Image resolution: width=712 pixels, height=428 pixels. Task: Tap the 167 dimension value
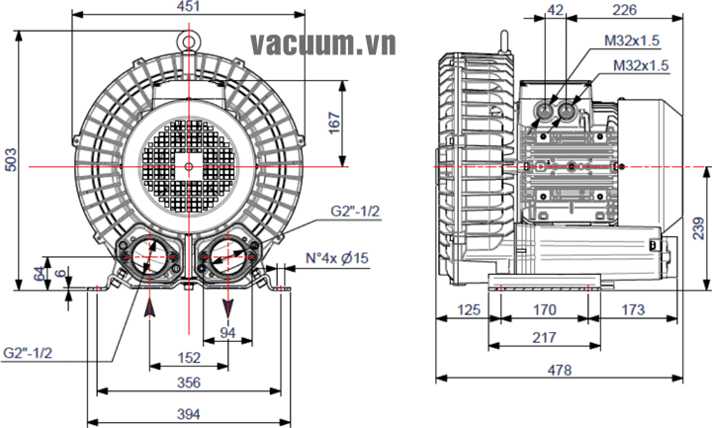(x=335, y=121)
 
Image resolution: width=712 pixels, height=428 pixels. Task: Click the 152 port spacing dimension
(x=189, y=358)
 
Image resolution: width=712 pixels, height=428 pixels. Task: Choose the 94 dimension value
(x=227, y=333)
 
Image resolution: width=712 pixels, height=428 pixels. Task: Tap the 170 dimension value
(x=544, y=310)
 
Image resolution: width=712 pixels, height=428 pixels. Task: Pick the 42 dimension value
(x=555, y=10)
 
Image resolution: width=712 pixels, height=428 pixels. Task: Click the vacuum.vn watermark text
(x=322, y=44)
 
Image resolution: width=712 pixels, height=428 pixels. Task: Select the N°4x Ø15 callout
(x=336, y=259)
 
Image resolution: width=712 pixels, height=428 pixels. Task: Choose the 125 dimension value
(x=470, y=310)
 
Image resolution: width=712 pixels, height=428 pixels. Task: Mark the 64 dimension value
(x=40, y=272)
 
